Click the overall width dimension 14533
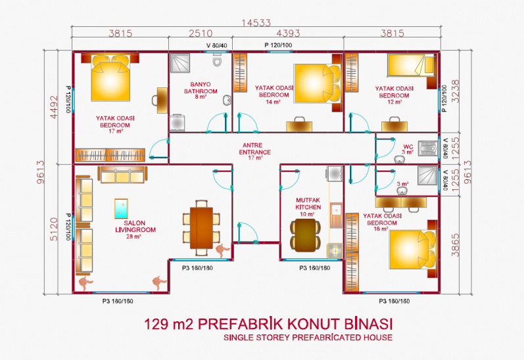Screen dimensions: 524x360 pyautogui.click(x=256, y=23)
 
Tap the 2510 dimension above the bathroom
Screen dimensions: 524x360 pyautogui.click(x=201, y=33)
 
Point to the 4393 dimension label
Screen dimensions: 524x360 pyautogui.click(x=288, y=33)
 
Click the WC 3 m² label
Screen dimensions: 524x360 pyautogui.click(x=408, y=149)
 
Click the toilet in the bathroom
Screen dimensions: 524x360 pyautogui.click(x=217, y=61)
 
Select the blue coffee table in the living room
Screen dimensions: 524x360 pyautogui.click(x=121, y=209)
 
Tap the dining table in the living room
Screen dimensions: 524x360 pyautogui.click(x=201, y=228)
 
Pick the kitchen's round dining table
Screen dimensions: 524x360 pyautogui.click(x=306, y=235)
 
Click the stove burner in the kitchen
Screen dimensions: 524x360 pyautogui.click(x=335, y=251)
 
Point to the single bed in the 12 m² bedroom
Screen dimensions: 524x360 pyautogui.click(x=411, y=66)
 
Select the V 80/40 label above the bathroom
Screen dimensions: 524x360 pyautogui.click(x=216, y=45)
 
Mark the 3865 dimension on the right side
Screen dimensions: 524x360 pyautogui.click(x=455, y=245)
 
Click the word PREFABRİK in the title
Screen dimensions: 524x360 pyautogui.click(x=241, y=324)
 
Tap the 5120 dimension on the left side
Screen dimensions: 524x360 pyautogui.click(x=53, y=229)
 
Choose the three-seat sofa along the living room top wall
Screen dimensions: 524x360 pyautogui.click(x=122, y=175)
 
